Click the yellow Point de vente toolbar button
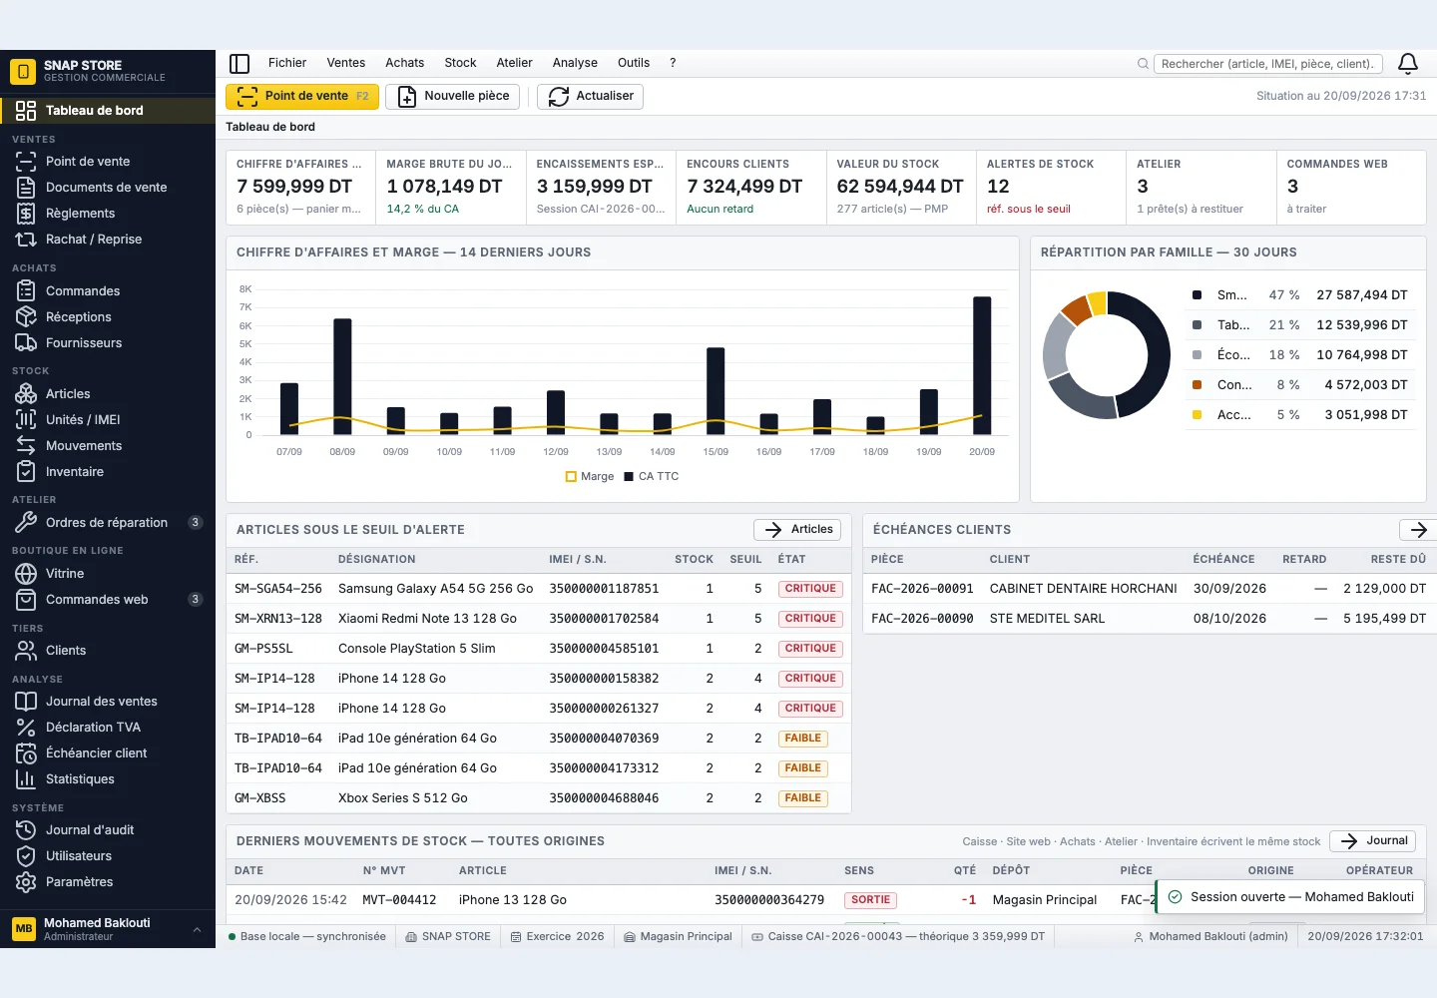point(302,96)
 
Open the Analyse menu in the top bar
point(575,63)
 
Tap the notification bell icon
point(1408,64)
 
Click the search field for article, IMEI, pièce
point(1267,64)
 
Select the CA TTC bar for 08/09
point(342,377)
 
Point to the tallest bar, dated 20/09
point(982,366)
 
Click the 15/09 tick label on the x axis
point(716,451)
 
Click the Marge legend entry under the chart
point(590,477)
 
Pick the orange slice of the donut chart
point(1077,309)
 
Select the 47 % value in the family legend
point(1284,295)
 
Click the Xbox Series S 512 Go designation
point(403,797)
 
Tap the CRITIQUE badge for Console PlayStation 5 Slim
point(810,649)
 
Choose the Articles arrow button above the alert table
point(797,529)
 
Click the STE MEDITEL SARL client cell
point(1047,619)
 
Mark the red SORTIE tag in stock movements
point(870,900)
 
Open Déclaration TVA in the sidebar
point(93,727)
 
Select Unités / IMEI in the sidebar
point(83,419)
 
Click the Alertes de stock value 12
point(998,186)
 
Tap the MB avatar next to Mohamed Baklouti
point(24,928)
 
